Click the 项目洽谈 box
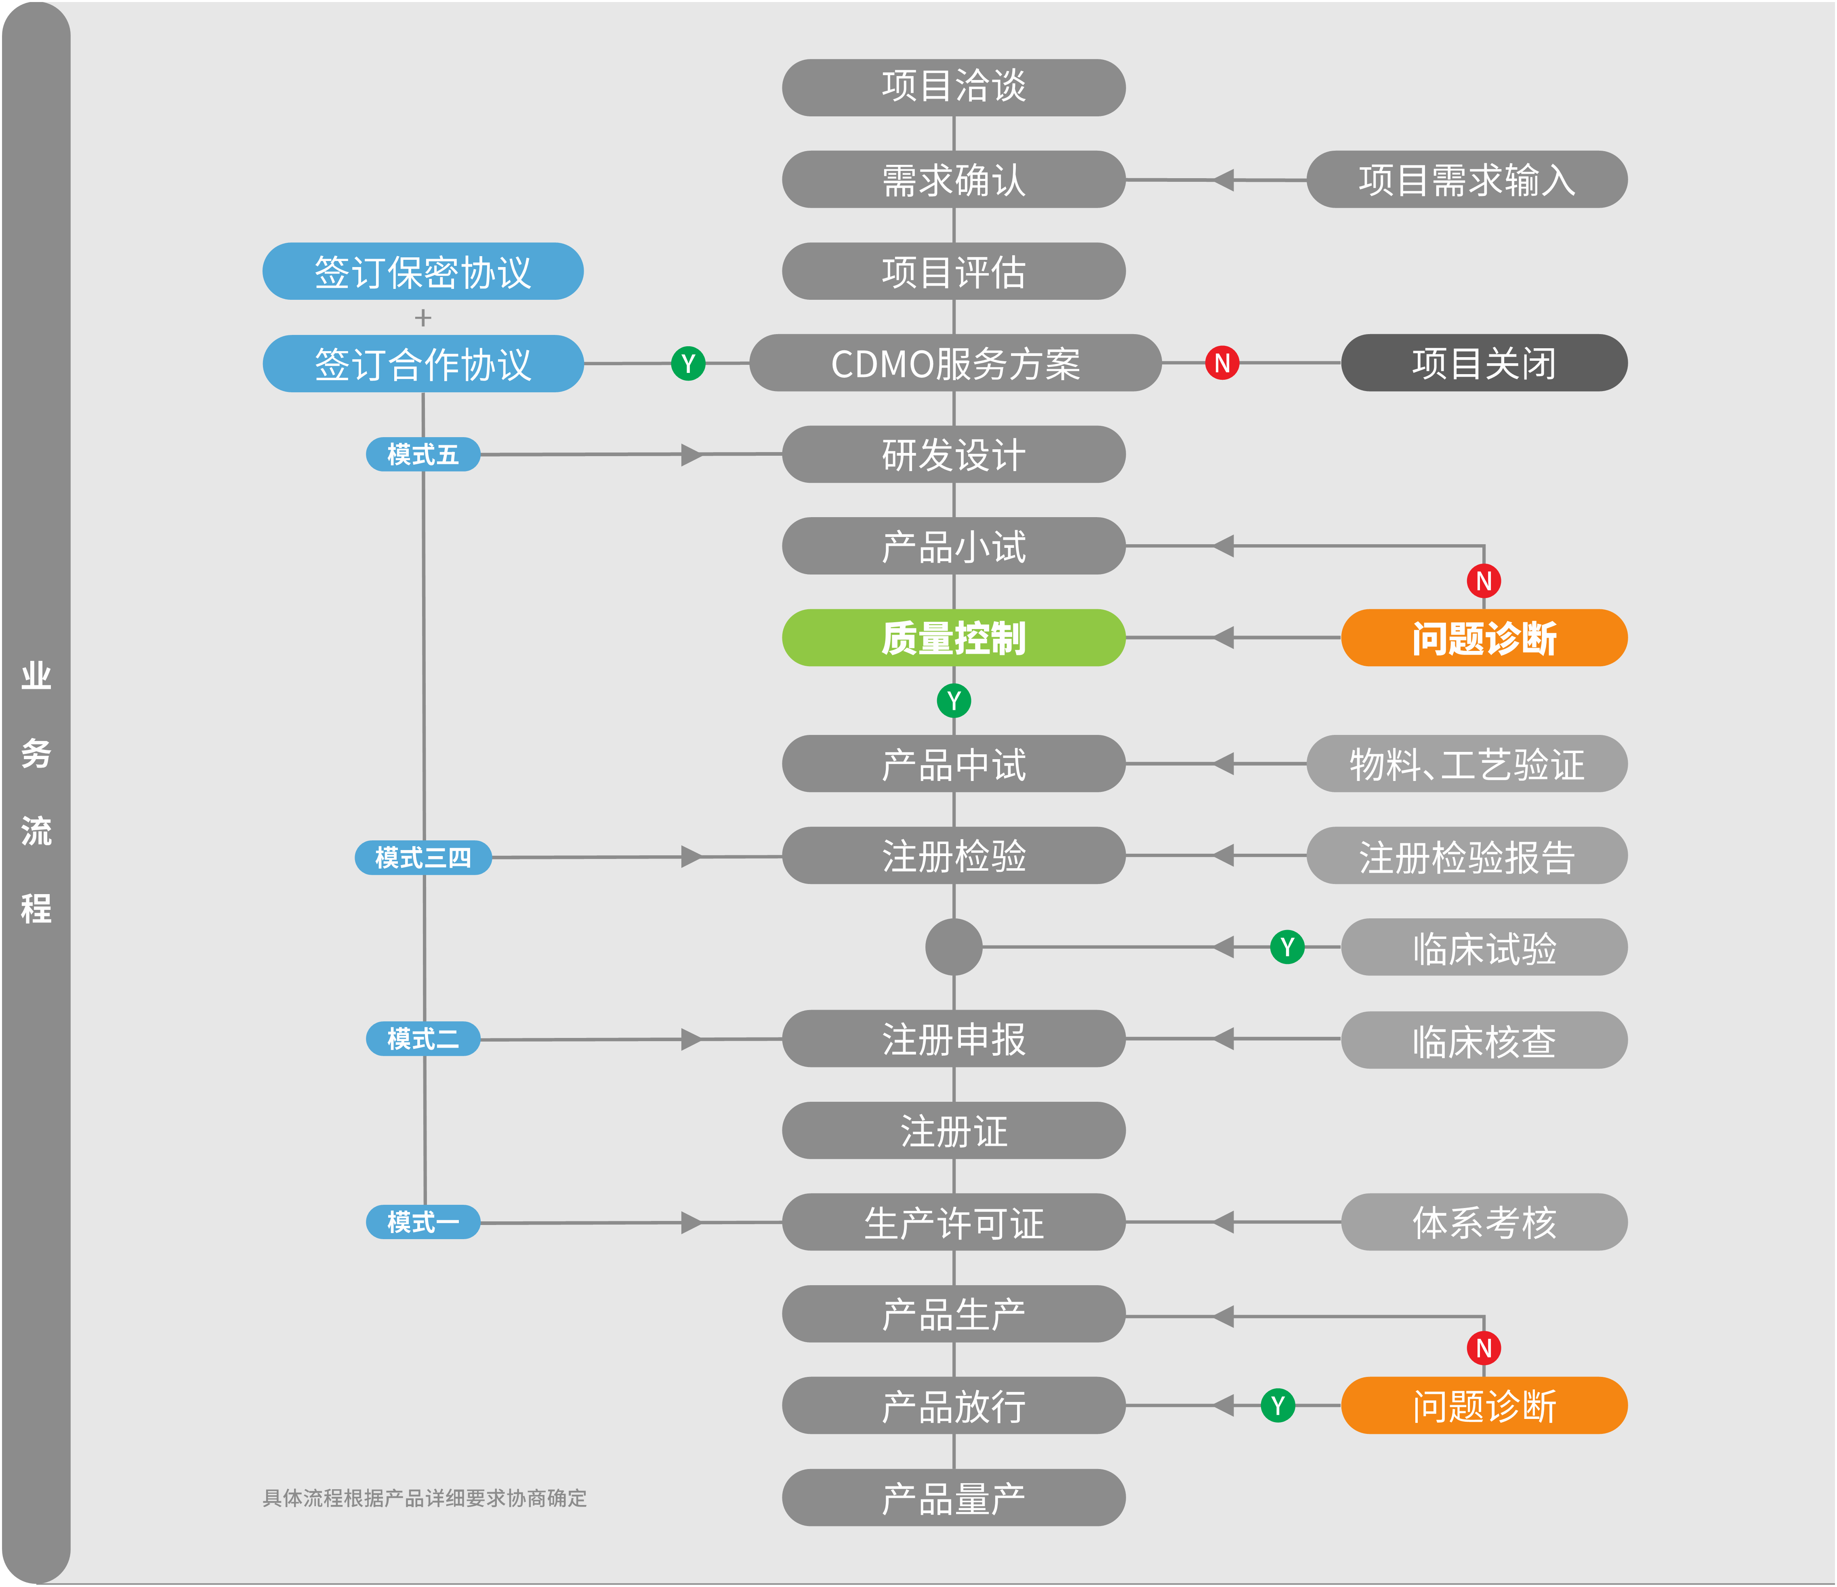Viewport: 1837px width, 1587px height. pos(953,87)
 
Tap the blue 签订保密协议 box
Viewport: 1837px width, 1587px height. pos(423,271)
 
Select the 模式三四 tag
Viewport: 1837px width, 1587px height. pos(423,857)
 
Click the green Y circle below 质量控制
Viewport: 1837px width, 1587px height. pos(953,701)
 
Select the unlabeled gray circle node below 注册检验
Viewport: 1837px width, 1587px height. pos(953,947)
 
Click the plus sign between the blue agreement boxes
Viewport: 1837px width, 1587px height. pos(423,318)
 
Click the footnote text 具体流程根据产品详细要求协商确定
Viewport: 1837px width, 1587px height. pos(425,1499)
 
